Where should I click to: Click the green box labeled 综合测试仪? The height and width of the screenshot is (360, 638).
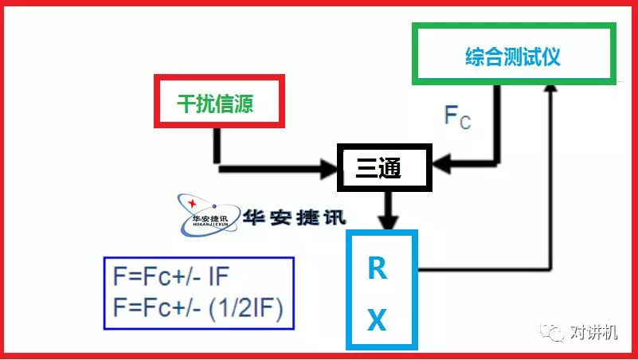tap(514, 54)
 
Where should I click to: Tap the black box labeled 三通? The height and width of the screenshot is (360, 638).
tap(383, 167)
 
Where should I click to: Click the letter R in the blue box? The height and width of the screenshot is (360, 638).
tap(378, 270)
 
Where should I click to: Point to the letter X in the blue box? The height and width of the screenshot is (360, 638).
tap(378, 320)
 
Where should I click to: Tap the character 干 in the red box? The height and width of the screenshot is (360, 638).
tap(186, 104)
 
